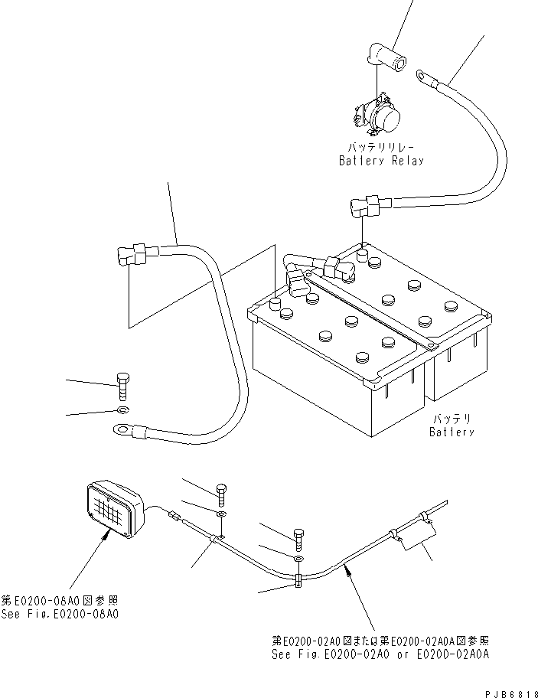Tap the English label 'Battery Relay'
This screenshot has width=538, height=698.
(x=381, y=161)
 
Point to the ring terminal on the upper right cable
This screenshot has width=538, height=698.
(x=423, y=74)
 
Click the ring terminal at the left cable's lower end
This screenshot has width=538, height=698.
(x=122, y=430)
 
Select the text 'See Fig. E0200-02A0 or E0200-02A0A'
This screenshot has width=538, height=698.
(x=380, y=654)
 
